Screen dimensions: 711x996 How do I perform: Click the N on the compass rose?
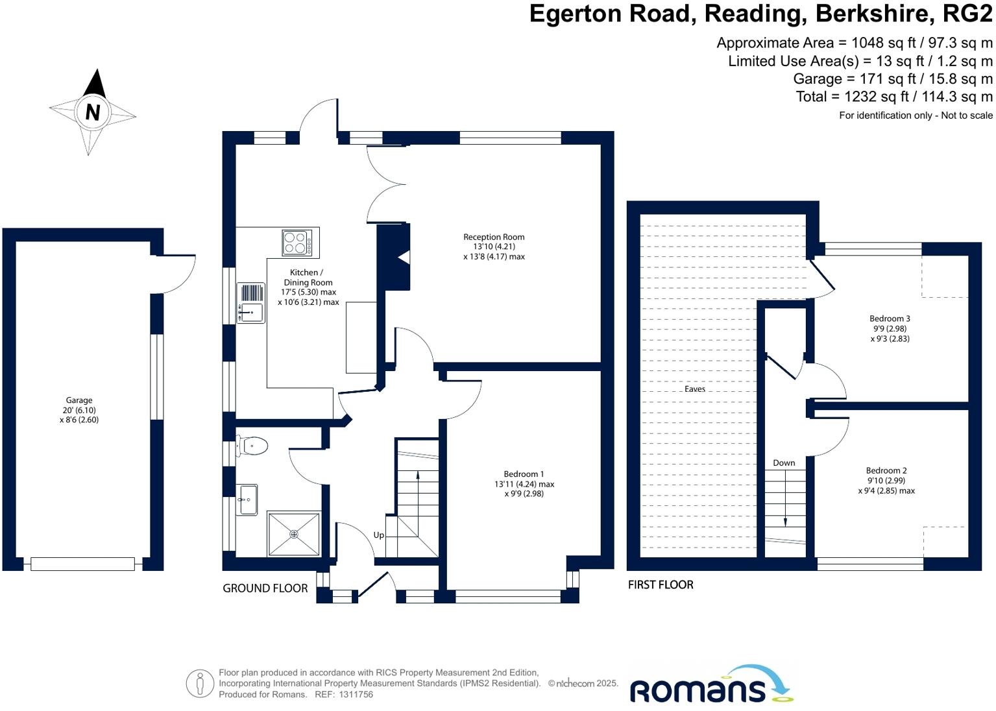coord(93,112)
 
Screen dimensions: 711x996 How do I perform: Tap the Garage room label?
coord(79,400)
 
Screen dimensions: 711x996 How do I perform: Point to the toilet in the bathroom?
coord(253,446)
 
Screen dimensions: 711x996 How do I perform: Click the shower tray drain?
coord(294,534)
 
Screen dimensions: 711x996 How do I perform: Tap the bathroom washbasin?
coord(247,500)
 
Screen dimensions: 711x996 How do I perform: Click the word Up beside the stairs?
coord(379,535)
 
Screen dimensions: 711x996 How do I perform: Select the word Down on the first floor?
coord(784,463)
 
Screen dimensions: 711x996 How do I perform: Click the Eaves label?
coord(694,389)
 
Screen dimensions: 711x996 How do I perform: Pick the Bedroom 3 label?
coord(890,319)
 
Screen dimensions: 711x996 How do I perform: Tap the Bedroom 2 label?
coord(886,470)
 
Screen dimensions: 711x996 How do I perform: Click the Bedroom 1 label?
coord(524,474)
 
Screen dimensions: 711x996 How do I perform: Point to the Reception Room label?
coord(494,237)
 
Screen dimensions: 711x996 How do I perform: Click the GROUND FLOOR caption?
coord(265,588)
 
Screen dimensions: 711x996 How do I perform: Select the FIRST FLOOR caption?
coord(661,584)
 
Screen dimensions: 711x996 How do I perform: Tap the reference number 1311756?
coord(356,694)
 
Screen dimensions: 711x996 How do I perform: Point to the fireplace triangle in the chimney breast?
coord(404,258)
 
